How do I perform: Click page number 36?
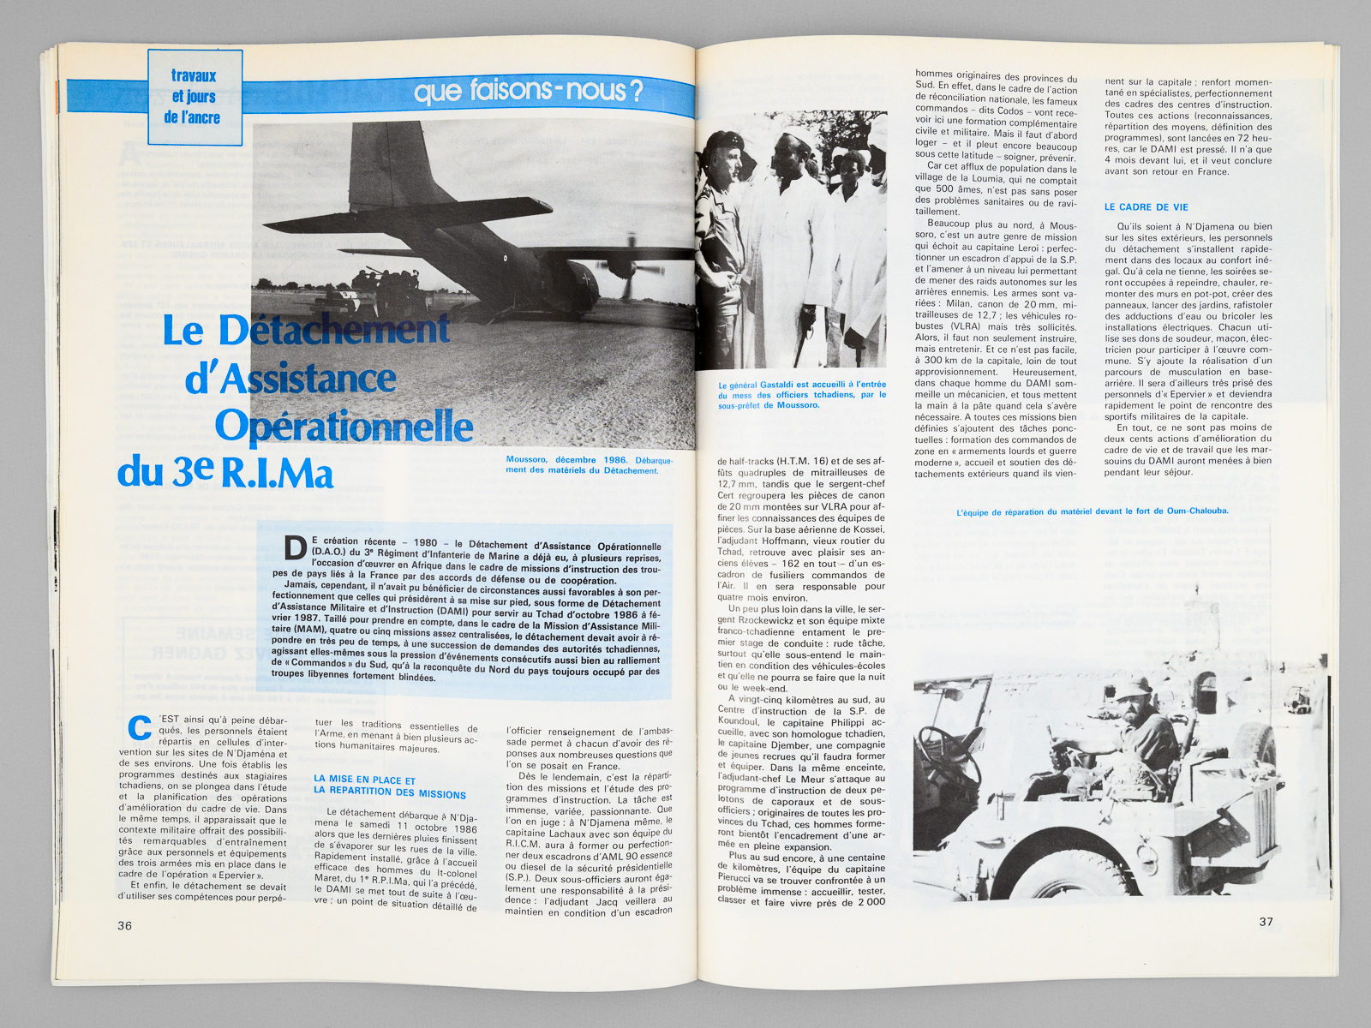(124, 925)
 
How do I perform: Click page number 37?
(1266, 922)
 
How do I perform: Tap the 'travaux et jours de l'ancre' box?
(195, 97)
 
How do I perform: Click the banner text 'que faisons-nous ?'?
(528, 91)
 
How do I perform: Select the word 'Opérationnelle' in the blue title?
(344, 426)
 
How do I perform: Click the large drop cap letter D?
(295, 548)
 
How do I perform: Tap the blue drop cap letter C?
(139, 727)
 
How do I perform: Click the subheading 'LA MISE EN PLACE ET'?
(364, 780)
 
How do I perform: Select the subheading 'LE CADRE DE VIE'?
(1146, 207)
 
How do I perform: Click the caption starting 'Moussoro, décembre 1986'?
(589, 465)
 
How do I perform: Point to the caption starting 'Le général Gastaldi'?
(801, 395)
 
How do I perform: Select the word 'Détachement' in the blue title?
(334, 330)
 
